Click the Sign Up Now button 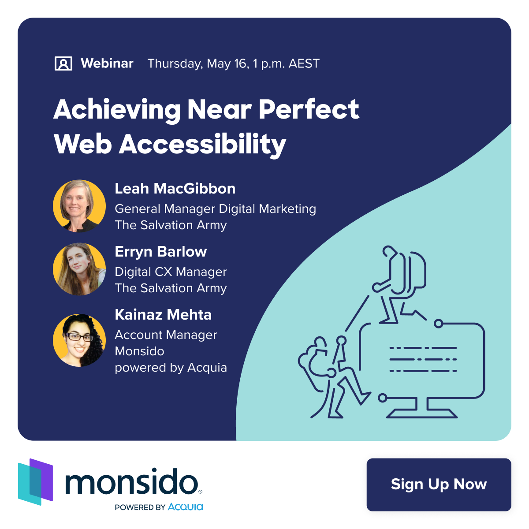[439, 484]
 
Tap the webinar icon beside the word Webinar [63, 63]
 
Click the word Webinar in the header [107, 63]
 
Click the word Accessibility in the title [203, 145]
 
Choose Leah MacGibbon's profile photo [79, 206]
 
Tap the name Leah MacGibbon [175, 189]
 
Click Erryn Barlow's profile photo [79, 269]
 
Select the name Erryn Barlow [160, 252]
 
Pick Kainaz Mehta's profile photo [79, 340]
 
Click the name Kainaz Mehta [163, 315]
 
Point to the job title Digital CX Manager [171, 272]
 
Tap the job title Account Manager [166, 335]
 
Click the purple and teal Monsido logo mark [35, 481]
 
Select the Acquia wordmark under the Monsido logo [185, 507]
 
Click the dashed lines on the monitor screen [423, 359]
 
